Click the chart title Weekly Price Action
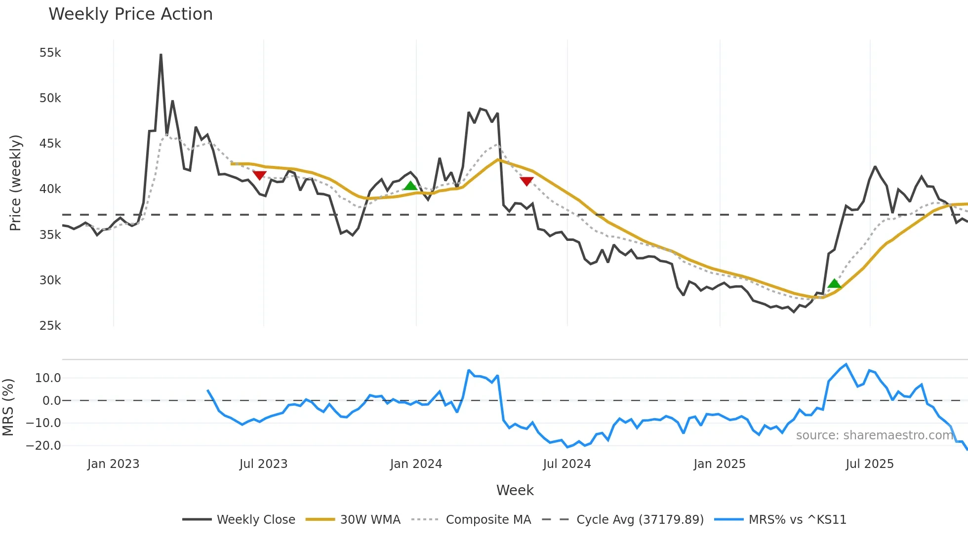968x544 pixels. [x=130, y=14]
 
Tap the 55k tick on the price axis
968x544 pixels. [x=50, y=53]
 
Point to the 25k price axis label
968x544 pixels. [x=50, y=326]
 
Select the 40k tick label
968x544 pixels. [x=50, y=189]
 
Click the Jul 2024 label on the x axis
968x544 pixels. [x=566, y=464]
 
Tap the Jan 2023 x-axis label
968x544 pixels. [x=113, y=464]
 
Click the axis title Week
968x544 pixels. [x=515, y=490]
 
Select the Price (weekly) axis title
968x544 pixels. [x=15, y=183]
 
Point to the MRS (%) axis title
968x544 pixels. [x=8, y=407]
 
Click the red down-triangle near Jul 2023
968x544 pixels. [x=259, y=175]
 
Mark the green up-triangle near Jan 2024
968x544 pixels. [x=410, y=186]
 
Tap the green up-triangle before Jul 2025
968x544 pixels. [x=834, y=283]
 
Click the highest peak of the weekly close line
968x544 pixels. [x=161, y=55]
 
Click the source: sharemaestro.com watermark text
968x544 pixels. [x=874, y=435]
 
